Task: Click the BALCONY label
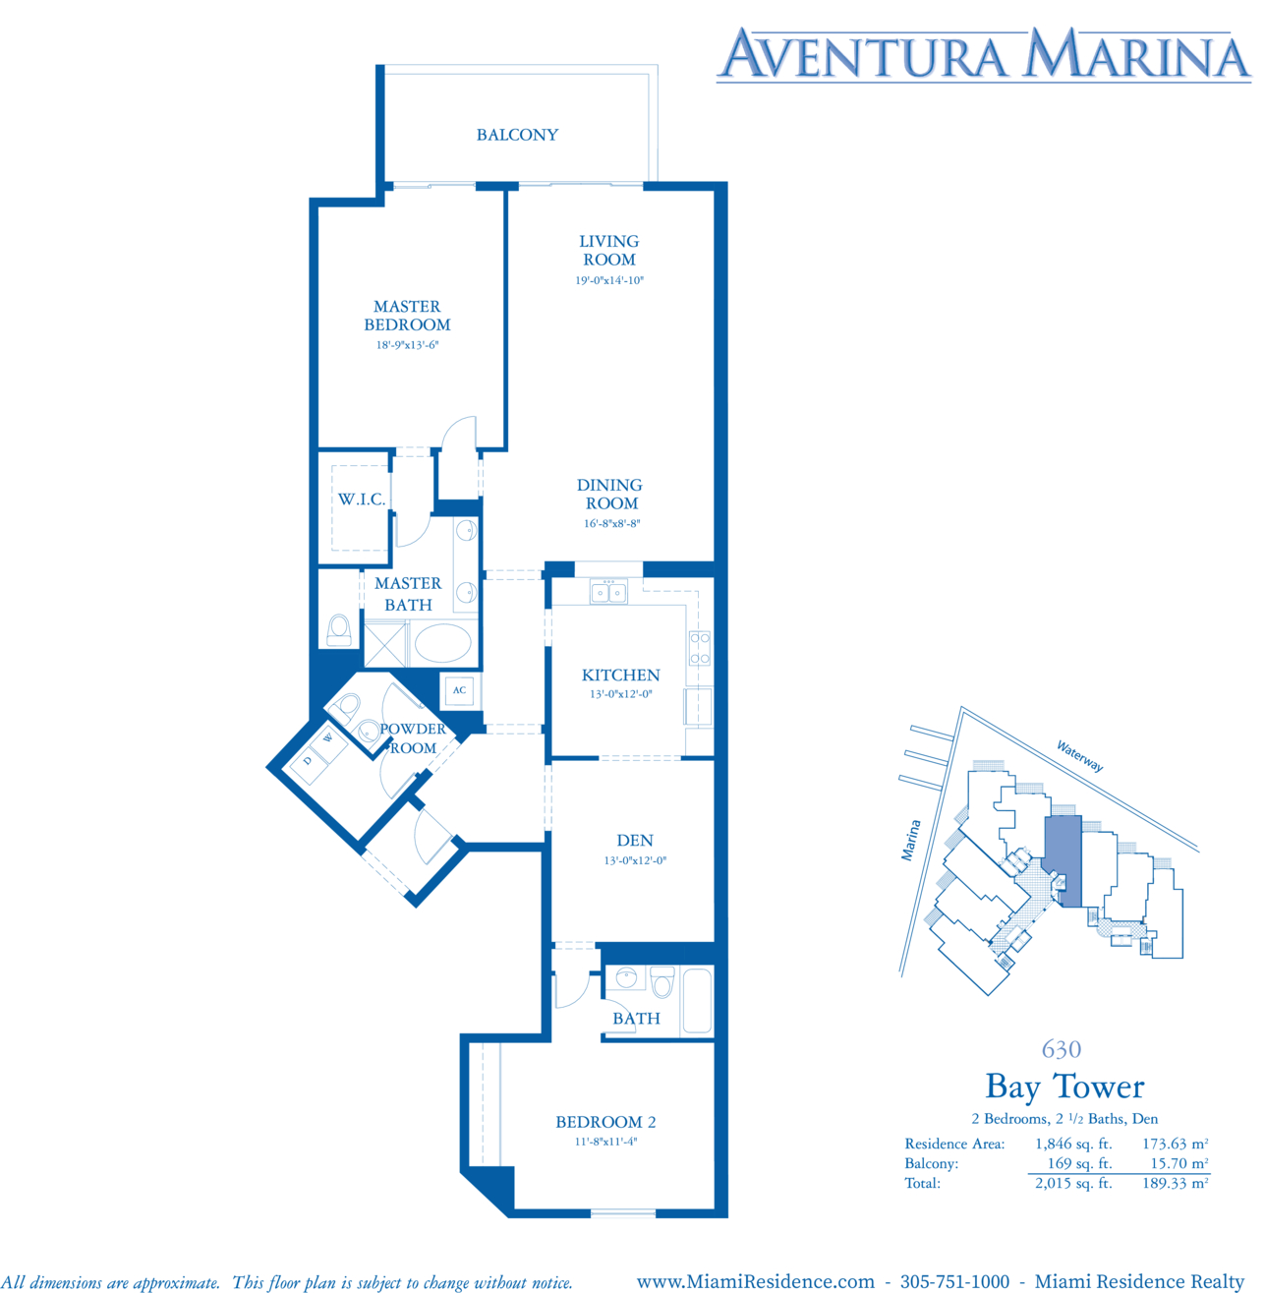pyautogui.click(x=517, y=135)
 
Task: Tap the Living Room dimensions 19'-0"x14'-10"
pyautogui.click(x=609, y=280)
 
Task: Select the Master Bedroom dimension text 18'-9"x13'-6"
pyautogui.click(x=407, y=345)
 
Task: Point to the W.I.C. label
pyautogui.click(x=362, y=500)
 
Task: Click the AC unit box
pyautogui.click(x=459, y=690)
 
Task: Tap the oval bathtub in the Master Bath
pyautogui.click(x=442, y=643)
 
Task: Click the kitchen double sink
pyautogui.click(x=608, y=593)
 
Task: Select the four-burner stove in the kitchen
pyautogui.click(x=700, y=648)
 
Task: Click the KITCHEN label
pyautogui.click(x=620, y=676)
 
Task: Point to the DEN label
pyautogui.click(x=635, y=841)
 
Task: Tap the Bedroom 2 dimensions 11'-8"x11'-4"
pyautogui.click(x=605, y=1142)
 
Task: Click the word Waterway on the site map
pyautogui.click(x=1079, y=756)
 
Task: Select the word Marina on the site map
pyautogui.click(x=910, y=840)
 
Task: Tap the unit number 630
pyautogui.click(x=1062, y=1049)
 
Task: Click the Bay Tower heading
pyautogui.click(x=1064, y=1087)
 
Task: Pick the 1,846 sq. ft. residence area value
pyautogui.click(x=1073, y=1144)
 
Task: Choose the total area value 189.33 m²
pyautogui.click(x=1176, y=1182)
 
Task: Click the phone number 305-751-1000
pyautogui.click(x=953, y=1281)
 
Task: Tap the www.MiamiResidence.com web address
pyautogui.click(x=755, y=1281)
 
